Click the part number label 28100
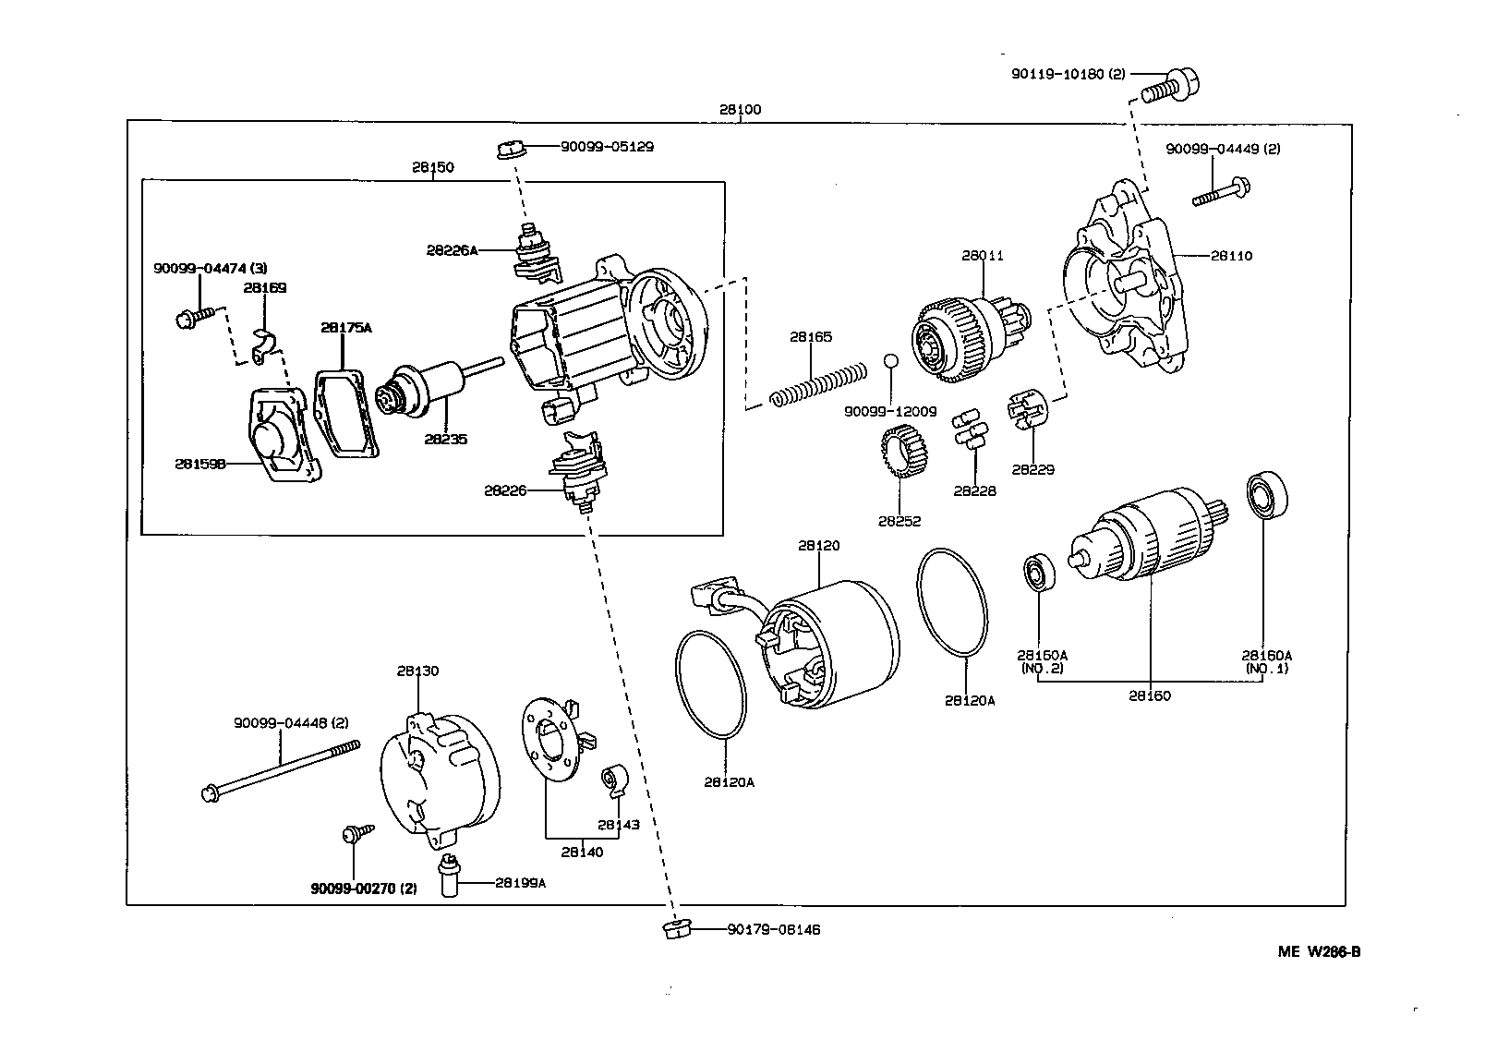pos(740,110)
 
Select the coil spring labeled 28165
pos(818,385)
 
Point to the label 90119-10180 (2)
pos(1067,74)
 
